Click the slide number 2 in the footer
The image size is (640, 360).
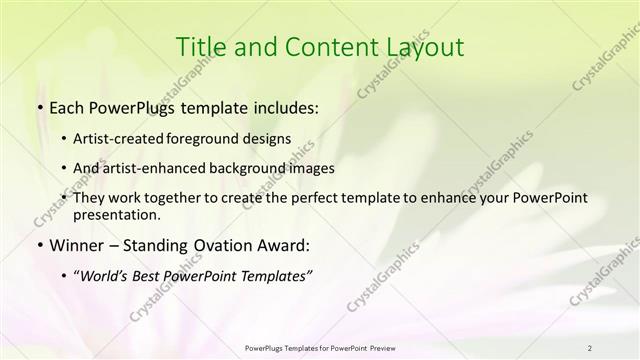tap(589, 347)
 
